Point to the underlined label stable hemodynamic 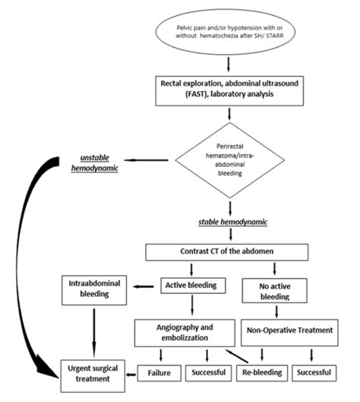[229, 223]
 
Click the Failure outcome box [159, 374]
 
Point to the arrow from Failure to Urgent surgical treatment [135, 374]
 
